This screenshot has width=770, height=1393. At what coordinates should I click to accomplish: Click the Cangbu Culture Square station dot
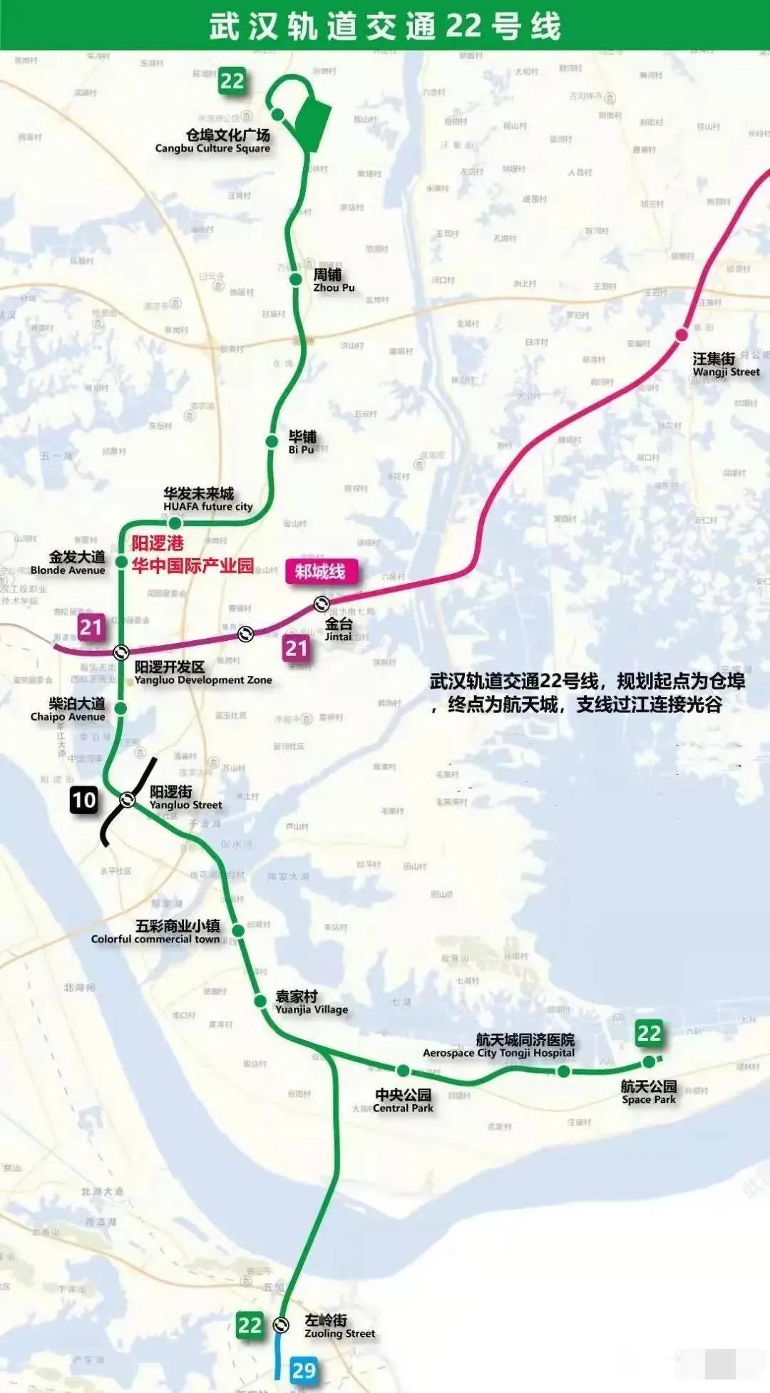tap(277, 114)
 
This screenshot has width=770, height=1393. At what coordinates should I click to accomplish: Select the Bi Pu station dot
tap(272, 441)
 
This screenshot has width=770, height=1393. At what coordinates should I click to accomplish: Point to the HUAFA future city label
tap(207, 500)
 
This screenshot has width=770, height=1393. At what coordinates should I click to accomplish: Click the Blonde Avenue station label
tap(68, 562)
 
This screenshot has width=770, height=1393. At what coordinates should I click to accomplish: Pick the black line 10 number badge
tap(83, 800)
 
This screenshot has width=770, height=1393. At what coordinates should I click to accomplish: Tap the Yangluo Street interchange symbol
tap(128, 799)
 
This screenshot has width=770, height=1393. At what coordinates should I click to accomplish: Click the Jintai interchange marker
tap(322, 605)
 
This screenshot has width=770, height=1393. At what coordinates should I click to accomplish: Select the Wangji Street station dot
tap(682, 334)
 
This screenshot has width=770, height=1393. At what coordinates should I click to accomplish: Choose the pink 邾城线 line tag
tap(320, 572)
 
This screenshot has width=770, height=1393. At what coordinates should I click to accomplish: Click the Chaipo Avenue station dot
tap(121, 708)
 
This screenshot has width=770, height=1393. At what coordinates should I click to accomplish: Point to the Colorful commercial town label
tap(155, 932)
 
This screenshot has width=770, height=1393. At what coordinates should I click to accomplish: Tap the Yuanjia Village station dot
tap(260, 1001)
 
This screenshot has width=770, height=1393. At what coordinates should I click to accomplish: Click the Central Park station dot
tap(403, 1070)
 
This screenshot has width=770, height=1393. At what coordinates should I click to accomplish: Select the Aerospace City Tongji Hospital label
tap(499, 1047)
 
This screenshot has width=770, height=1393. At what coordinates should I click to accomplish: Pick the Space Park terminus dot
tap(648, 1062)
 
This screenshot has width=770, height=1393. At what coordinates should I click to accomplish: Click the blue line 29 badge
tap(304, 1369)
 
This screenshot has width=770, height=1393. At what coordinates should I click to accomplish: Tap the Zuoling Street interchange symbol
tap(281, 1325)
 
